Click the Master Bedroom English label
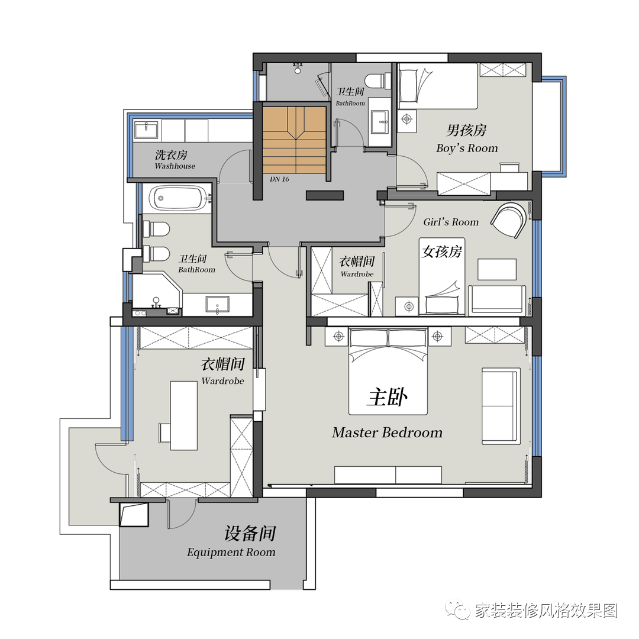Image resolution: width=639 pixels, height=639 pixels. pyautogui.click(x=387, y=433)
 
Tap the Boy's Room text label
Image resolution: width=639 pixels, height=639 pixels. pyautogui.click(x=467, y=148)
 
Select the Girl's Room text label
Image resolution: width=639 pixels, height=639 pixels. pyautogui.click(x=451, y=222)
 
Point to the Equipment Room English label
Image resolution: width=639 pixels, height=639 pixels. pyautogui.click(x=231, y=552)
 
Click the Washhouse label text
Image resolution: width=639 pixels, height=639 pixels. pyautogui.click(x=175, y=166)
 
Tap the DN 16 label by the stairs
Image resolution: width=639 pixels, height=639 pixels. pyautogui.click(x=279, y=179)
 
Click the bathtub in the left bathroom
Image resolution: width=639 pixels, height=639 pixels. pyautogui.click(x=177, y=198)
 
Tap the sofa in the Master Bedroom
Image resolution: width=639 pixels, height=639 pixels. pyautogui.click(x=501, y=406)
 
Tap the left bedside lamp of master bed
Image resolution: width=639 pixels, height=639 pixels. pyautogui.click(x=338, y=336)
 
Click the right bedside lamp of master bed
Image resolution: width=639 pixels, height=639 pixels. pyautogui.click(x=437, y=336)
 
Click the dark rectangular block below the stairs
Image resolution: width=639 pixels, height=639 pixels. pyautogui.click(x=324, y=195)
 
